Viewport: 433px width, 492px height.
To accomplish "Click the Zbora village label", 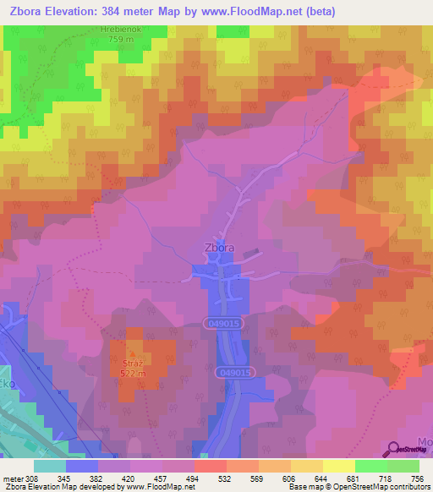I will tap(218, 249).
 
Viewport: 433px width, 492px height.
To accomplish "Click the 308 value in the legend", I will tap(32, 478).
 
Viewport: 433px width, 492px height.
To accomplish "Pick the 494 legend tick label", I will tap(194, 478).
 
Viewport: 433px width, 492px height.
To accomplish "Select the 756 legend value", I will tap(418, 478).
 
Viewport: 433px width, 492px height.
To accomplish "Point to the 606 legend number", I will tap(289, 478).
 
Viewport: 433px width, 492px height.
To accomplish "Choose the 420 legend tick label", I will tap(129, 478).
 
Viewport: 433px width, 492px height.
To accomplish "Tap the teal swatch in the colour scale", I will tap(50, 466).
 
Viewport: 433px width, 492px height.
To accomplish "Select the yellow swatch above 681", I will tap(338, 466).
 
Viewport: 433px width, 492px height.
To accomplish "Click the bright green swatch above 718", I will tap(370, 466).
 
